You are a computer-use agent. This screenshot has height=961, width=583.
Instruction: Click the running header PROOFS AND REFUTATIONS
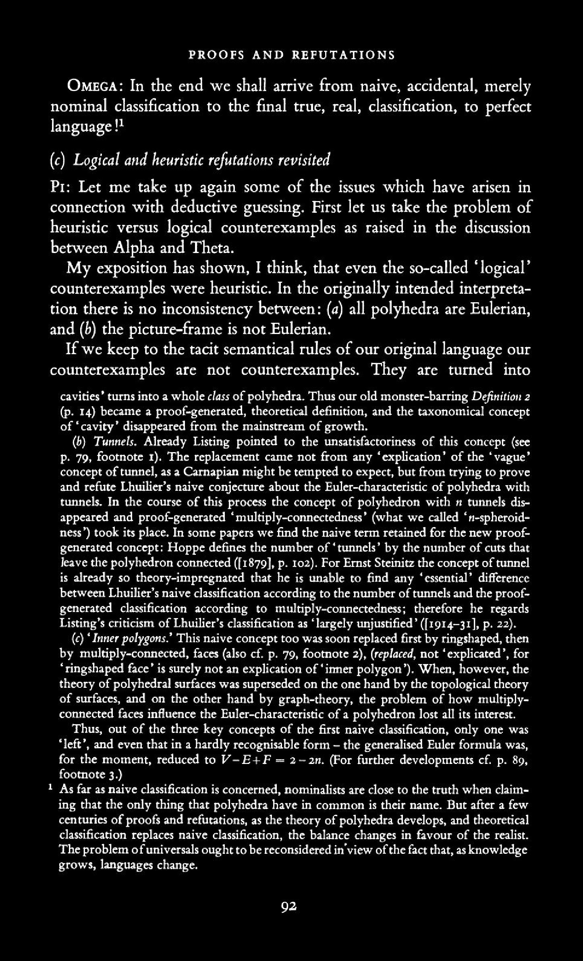coord(292,55)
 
